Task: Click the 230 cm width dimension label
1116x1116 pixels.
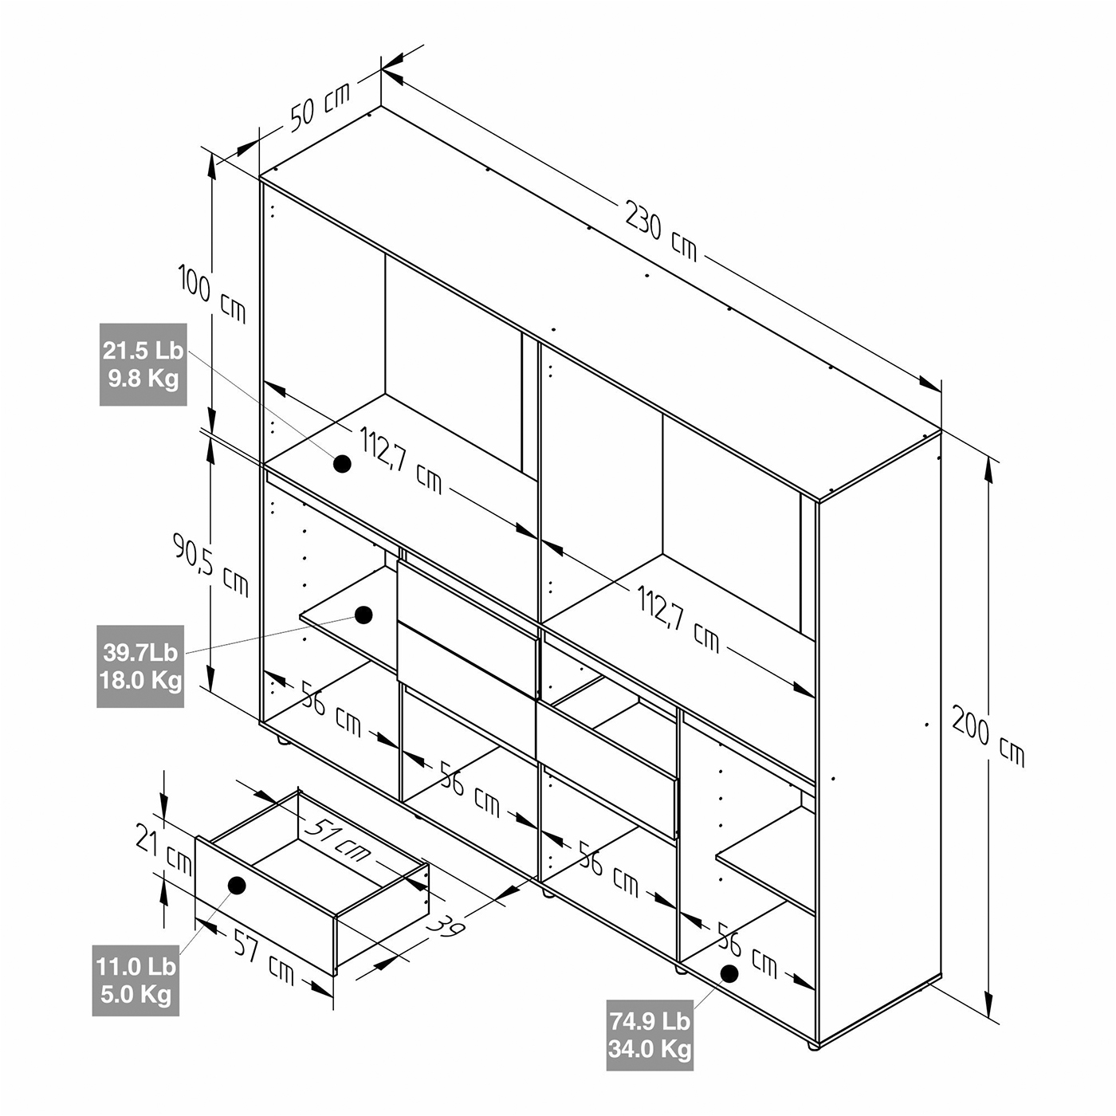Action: coord(661,230)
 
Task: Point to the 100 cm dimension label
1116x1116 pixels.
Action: coord(212,293)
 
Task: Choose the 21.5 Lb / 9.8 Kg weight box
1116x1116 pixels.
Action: coord(143,364)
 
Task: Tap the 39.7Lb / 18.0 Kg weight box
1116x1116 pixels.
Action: coord(140,666)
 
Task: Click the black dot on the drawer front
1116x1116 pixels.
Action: coord(237,885)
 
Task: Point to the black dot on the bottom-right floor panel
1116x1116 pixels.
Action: coord(729,973)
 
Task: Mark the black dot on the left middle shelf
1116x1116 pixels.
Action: coord(363,615)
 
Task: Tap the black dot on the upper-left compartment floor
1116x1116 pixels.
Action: coord(342,463)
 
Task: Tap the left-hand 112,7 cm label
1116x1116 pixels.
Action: coord(401,461)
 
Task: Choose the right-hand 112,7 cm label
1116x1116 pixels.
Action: coord(678,619)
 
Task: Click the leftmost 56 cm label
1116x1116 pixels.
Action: coord(331,708)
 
